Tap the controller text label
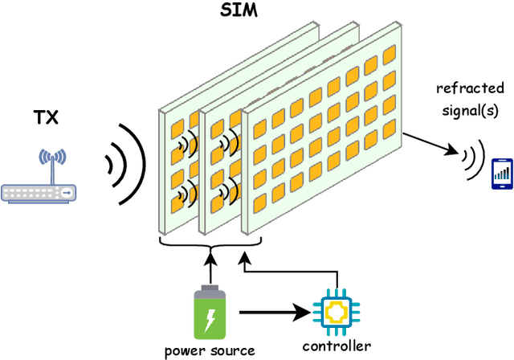point(336,346)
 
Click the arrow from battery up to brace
point(210,265)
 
